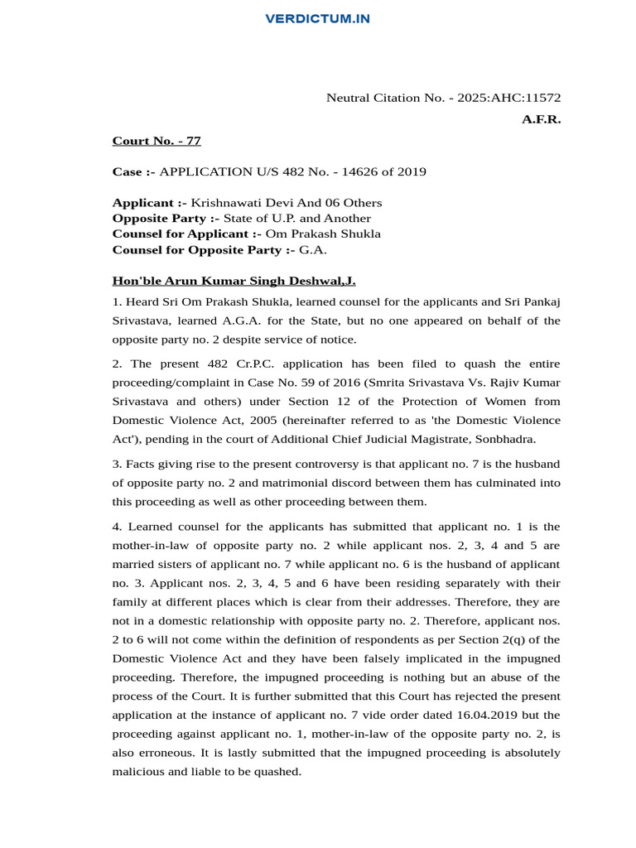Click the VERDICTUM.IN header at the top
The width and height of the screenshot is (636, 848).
(x=318, y=18)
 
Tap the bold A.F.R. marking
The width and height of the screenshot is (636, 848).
(x=541, y=119)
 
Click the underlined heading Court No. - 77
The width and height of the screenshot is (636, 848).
(x=157, y=141)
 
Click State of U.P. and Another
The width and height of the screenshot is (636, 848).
(x=297, y=219)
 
